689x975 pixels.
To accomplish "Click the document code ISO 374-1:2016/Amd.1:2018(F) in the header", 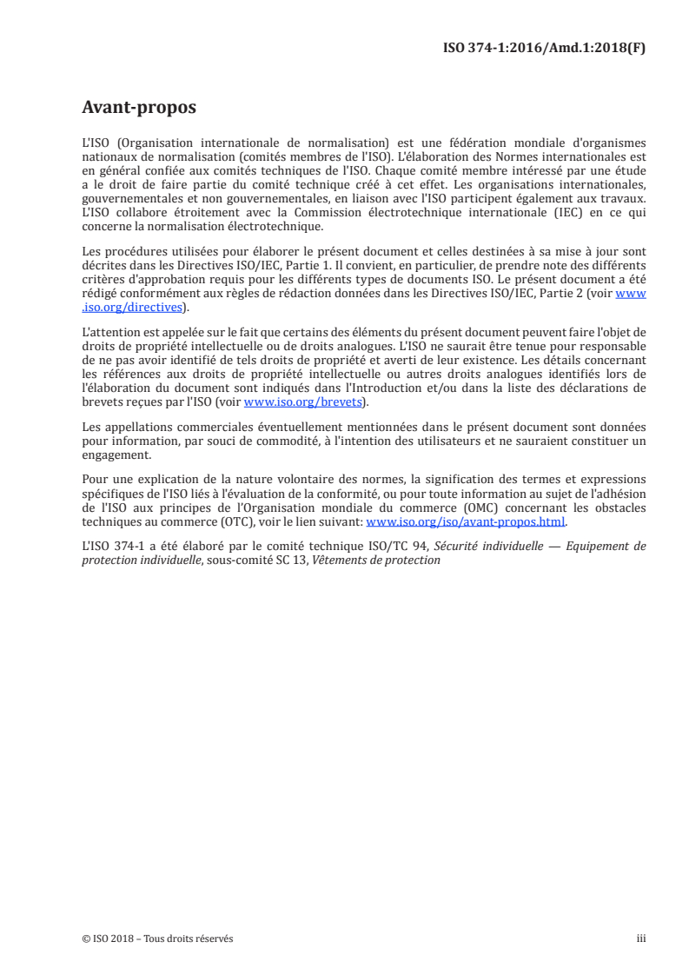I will coord(545,49).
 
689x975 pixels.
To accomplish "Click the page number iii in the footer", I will coord(642,939).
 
